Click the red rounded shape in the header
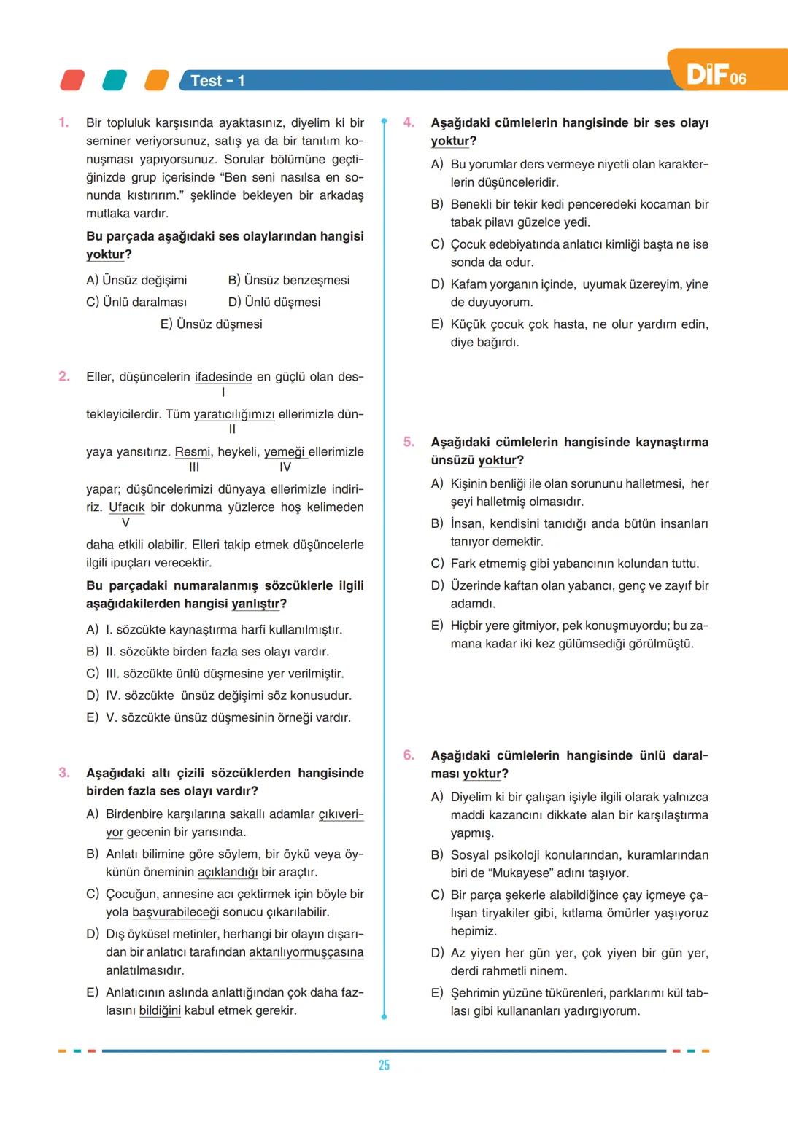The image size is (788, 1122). pos(72,80)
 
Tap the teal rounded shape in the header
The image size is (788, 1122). pos(115,80)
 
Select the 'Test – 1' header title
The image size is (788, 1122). pos(217,81)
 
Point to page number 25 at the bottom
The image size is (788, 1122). pos(384,1065)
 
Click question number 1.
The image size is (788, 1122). pos(63,122)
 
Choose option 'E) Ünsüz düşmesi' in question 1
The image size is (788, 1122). pos(211,324)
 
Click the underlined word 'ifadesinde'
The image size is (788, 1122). pos(223,377)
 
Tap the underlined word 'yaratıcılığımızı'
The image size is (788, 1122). pos(233,414)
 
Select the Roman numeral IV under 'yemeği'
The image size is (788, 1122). pos(285,467)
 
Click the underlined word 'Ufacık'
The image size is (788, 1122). pos(126,507)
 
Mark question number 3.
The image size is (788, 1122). pos(64,773)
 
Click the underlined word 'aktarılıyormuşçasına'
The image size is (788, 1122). pos(306,952)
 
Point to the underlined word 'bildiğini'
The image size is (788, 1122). pos(160,1010)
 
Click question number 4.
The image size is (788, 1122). pos(409,122)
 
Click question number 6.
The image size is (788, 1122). pos(409,755)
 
